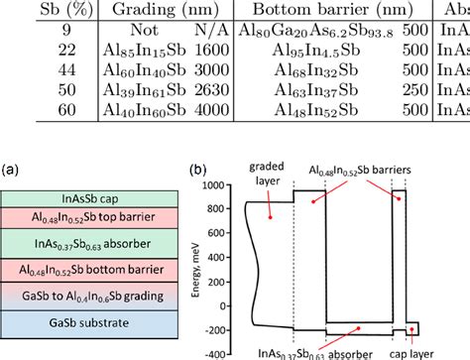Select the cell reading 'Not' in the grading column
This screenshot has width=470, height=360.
coord(127,29)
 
